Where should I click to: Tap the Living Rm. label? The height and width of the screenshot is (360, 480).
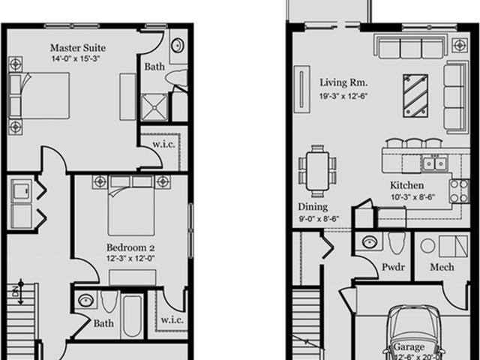point(340,82)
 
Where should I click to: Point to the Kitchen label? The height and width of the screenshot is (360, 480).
point(406,185)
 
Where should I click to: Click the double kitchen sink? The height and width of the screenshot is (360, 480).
point(433,162)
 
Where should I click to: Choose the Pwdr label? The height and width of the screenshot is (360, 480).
point(393,267)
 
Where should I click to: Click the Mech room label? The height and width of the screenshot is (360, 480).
point(441,267)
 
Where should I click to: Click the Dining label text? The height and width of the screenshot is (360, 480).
point(312,206)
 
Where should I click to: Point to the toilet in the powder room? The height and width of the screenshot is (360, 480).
point(397,244)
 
